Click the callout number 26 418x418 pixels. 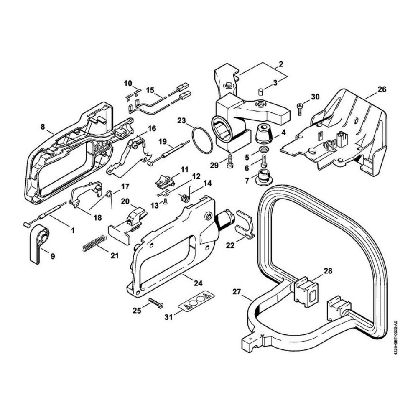382,89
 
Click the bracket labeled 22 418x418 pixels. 244,225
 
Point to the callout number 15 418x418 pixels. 150,90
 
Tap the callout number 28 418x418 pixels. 328,270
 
